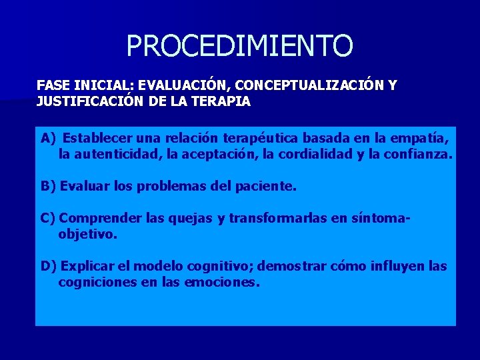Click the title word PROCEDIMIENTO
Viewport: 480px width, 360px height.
(239, 46)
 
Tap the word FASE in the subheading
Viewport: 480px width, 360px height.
(51, 86)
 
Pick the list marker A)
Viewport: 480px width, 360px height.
(49, 139)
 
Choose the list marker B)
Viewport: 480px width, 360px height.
(49, 187)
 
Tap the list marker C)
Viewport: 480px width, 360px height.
(49, 219)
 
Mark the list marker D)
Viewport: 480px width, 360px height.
(49, 267)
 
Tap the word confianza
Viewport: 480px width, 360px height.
(419, 155)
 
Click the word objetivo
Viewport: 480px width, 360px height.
(87, 235)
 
